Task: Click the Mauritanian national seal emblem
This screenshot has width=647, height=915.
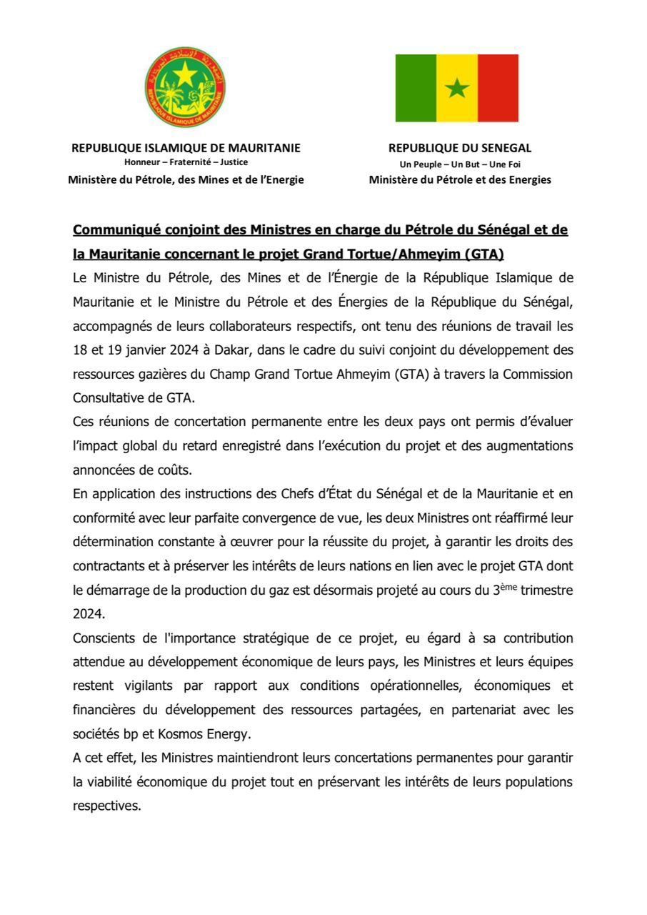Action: click(x=186, y=87)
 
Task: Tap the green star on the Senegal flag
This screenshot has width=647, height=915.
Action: click(x=457, y=89)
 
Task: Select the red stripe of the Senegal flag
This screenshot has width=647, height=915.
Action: click(x=498, y=88)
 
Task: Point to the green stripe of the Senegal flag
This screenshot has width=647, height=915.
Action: click(x=416, y=88)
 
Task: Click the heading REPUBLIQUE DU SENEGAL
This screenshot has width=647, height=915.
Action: click(x=459, y=148)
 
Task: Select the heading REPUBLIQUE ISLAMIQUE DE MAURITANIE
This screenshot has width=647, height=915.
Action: click(x=186, y=148)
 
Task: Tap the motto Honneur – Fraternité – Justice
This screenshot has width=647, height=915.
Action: click(x=186, y=162)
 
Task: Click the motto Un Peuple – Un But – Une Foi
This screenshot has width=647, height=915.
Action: click(x=459, y=164)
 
